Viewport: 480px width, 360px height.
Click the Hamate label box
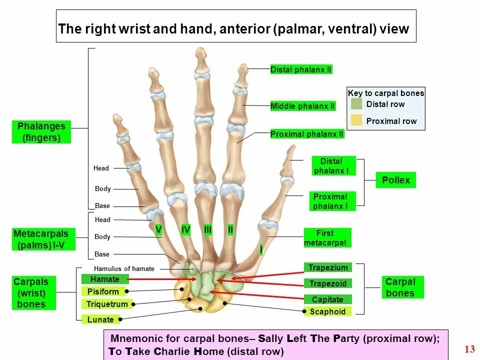[x=105, y=279]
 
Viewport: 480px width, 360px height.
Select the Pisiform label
[x=103, y=291]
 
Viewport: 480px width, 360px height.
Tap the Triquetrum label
[x=107, y=304]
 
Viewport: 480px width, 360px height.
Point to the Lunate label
[x=100, y=319]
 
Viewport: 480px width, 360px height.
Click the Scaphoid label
[x=327, y=311]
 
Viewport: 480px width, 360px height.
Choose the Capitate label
[x=327, y=299]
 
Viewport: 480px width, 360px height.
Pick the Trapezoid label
[x=327, y=283]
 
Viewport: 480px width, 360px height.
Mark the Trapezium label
[x=327, y=267]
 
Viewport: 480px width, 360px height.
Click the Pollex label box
[x=395, y=180]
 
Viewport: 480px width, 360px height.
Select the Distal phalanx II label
[x=301, y=69]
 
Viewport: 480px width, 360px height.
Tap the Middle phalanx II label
[x=302, y=106]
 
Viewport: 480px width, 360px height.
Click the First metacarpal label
[x=327, y=237]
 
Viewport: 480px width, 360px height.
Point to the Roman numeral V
[x=158, y=229]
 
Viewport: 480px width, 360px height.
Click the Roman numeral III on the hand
[x=208, y=229]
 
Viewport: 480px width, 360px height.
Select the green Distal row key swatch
[x=356, y=104]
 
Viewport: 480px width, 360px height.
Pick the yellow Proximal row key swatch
[x=356, y=120]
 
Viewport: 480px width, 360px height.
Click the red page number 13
[x=469, y=349]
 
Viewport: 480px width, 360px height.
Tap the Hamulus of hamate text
[x=124, y=269]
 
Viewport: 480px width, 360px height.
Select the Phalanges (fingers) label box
[x=41, y=132]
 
